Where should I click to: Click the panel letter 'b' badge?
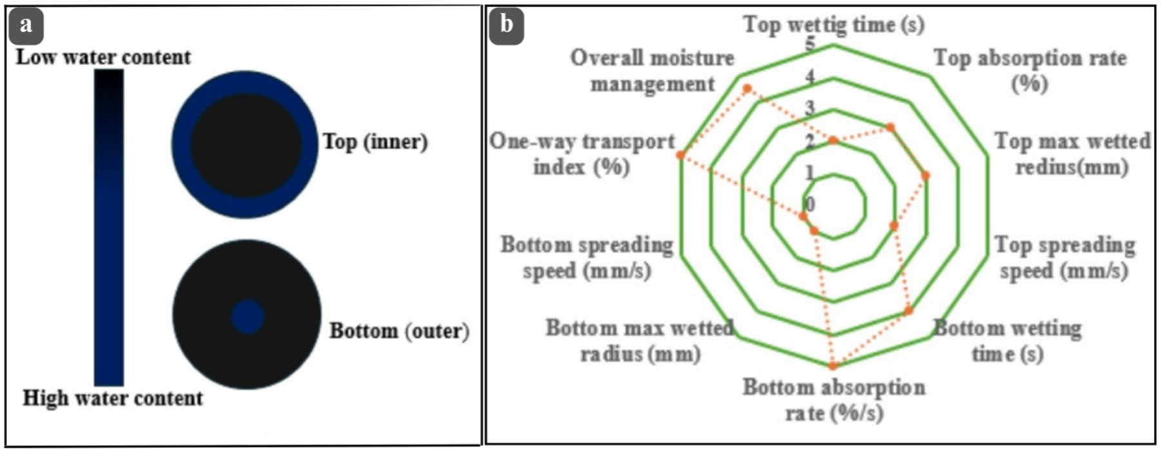pos(506,26)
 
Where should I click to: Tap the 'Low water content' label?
pos(103,57)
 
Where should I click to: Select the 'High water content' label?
pos(113,398)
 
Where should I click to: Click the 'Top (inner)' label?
pos(375,141)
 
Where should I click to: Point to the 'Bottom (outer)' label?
pos(399,331)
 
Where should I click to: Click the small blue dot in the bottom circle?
pos(248,317)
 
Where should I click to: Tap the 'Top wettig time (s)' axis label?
pos(833,25)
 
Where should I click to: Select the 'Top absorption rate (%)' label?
pos(1030,70)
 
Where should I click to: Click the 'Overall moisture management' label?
pos(652,70)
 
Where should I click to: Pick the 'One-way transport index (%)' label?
pos(582,154)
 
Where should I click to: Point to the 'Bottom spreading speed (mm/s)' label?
pos(587,257)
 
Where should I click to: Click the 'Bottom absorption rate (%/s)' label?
pos(833,400)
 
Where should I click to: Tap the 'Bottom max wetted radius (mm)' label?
pos(640,340)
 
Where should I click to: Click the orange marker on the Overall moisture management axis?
pos(747,88)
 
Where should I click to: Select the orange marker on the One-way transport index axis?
pos(680,155)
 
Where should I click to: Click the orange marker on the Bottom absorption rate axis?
pos(833,365)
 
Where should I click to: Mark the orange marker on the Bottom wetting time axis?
pos(909,311)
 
